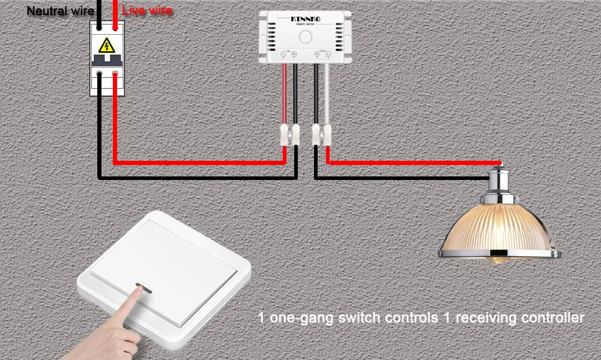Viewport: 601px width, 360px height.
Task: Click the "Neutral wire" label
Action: tap(60, 11)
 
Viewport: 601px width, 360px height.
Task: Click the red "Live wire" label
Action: tap(147, 11)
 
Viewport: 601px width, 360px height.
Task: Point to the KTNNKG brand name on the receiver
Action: tap(306, 20)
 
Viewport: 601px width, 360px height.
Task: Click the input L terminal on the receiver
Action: tap(283, 55)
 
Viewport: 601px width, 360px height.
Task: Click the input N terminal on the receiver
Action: tap(294, 55)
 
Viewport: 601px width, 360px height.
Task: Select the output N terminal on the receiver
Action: tap(317, 55)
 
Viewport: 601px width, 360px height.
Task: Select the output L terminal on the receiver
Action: tap(328, 55)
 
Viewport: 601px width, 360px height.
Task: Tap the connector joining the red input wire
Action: tap(284, 134)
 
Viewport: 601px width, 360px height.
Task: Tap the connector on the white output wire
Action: tap(328, 134)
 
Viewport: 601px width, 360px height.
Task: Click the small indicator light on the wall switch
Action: tap(142, 286)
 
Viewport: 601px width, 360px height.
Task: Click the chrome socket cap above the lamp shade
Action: tap(501, 180)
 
